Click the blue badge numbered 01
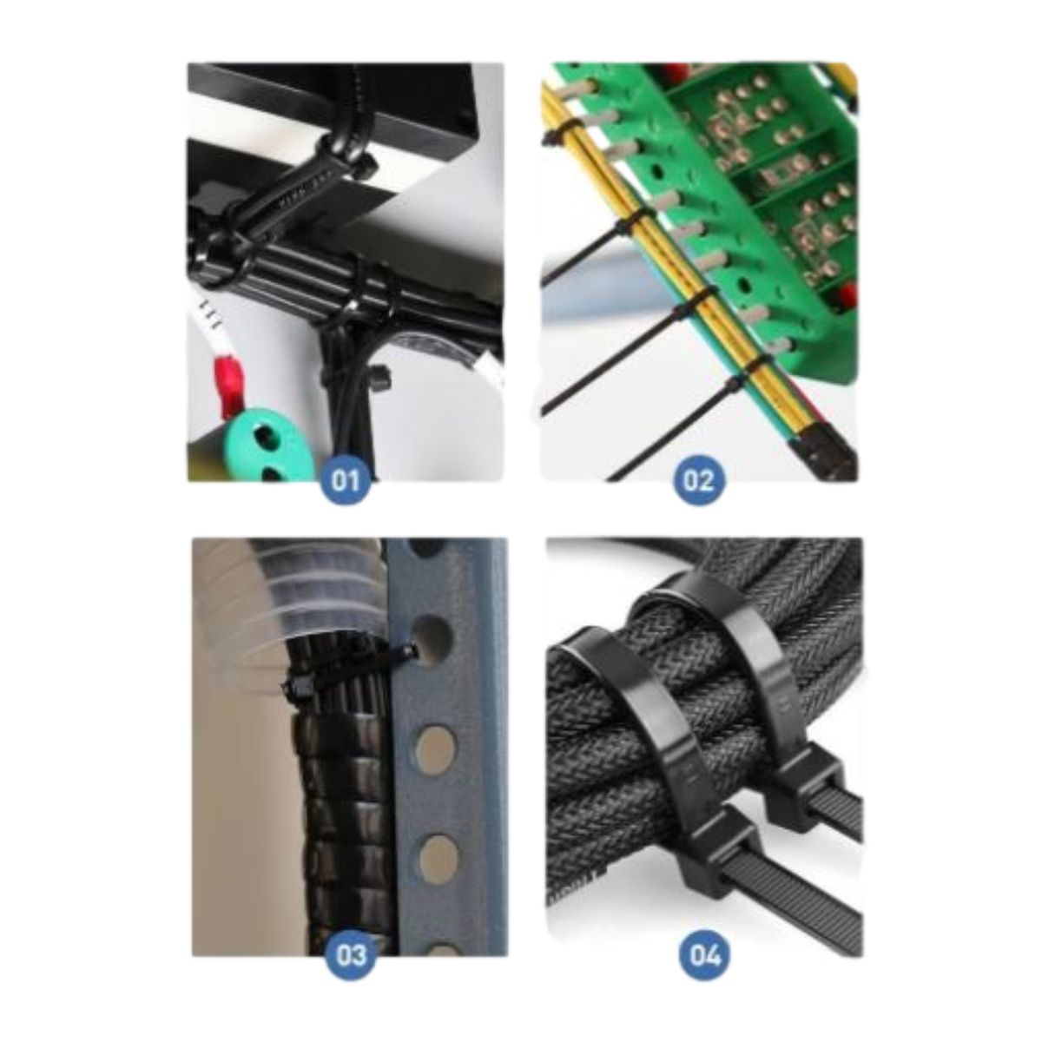pyautogui.click(x=345, y=481)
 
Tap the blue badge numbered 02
pyautogui.click(x=697, y=481)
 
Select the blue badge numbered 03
pyautogui.click(x=351, y=954)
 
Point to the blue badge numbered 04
pyautogui.click(x=705, y=954)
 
